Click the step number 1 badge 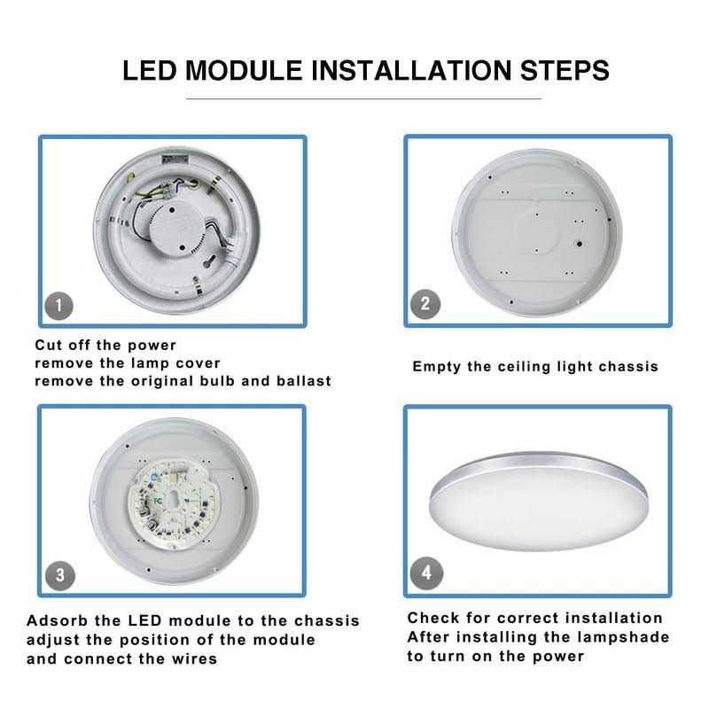(x=59, y=307)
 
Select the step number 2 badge (x=425, y=304)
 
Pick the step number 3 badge (x=59, y=574)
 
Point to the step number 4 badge (x=427, y=573)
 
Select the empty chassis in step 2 (x=538, y=230)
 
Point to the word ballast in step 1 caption (x=301, y=381)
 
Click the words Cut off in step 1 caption (x=63, y=345)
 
